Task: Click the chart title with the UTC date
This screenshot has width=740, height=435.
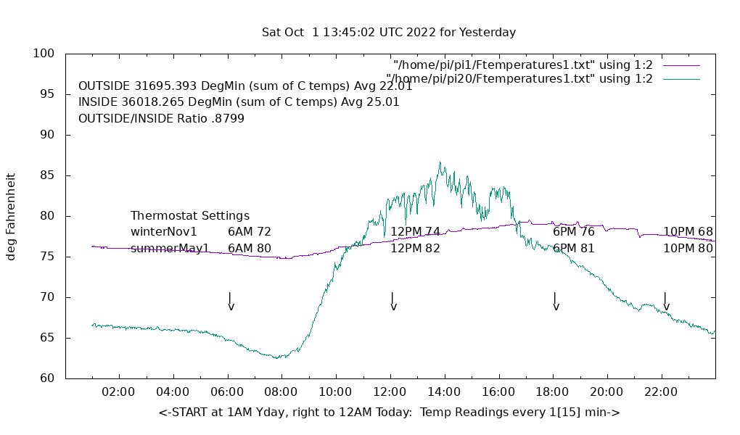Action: [389, 33]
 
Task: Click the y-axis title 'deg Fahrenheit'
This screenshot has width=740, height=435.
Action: [11, 216]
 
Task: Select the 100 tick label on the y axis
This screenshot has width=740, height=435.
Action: [44, 54]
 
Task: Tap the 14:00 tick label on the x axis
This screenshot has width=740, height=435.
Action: [444, 392]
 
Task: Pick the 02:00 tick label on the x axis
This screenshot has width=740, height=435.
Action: [118, 392]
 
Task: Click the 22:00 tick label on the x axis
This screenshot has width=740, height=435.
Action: [661, 392]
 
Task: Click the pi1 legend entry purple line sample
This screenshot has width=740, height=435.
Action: [681, 65]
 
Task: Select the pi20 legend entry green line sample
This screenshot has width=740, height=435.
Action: [681, 79]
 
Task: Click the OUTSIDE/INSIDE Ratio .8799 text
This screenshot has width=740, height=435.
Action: [161, 118]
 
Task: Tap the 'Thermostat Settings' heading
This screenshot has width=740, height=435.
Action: [190, 216]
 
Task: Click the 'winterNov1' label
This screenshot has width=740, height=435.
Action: [164, 232]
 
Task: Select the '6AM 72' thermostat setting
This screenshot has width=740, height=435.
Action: [250, 232]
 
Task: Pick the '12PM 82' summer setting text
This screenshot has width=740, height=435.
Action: [415, 249]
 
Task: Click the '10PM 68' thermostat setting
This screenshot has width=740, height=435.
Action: [688, 232]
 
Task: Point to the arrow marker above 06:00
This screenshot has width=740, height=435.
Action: [230, 301]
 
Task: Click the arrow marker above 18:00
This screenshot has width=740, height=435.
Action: [555, 301]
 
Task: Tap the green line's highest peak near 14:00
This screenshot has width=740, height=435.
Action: [440, 163]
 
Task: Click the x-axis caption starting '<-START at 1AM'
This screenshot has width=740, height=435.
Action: [389, 413]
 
